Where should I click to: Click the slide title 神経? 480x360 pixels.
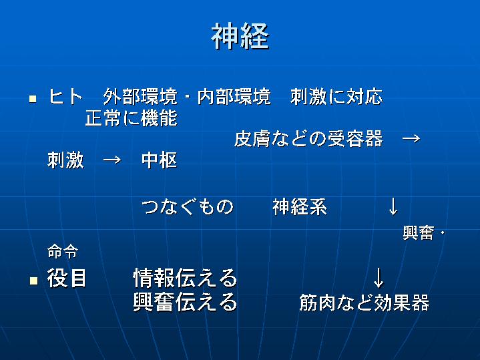[240, 36]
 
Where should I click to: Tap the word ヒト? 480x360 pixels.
[65, 96]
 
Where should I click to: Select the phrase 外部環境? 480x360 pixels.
[140, 96]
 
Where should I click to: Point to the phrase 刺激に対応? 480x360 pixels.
[336, 96]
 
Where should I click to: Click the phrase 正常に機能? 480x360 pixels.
[132, 118]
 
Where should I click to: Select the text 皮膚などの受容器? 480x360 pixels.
[308, 138]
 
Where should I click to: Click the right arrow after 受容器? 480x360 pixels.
[411, 139]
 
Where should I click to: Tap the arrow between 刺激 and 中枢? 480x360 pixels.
[112, 160]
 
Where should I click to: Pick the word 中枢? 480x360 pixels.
[159, 160]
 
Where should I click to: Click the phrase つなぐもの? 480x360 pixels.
[188, 206]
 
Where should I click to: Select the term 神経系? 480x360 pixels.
[300, 206]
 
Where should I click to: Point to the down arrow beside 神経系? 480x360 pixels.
[393, 206]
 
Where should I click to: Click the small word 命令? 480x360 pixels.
[63, 252]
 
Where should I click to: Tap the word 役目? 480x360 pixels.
[67, 278]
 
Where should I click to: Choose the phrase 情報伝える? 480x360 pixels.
[185, 278]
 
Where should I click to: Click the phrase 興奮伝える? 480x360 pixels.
[185, 302]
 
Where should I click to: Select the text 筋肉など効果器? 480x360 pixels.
[365, 303]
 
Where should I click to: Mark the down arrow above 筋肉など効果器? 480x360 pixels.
[379, 278]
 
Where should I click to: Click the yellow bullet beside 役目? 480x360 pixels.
[33, 281]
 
